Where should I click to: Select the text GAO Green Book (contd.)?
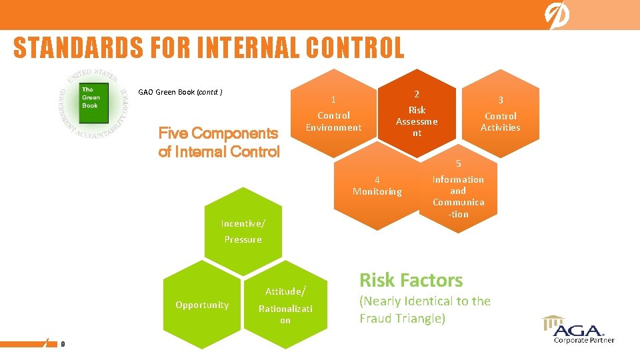(x=180, y=92)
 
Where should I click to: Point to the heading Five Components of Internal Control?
(x=219, y=143)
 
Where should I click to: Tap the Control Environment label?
(x=333, y=121)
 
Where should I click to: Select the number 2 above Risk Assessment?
(x=417, y=94)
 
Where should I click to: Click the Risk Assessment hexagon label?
(x=417, y=121)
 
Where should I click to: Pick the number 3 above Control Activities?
(x=501, y=100)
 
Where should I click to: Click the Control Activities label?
(x=501, y=121)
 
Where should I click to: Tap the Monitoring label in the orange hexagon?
(x=377, y=191)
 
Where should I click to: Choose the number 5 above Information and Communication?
(x=459, y=164)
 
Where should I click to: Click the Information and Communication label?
(x=459, y=197)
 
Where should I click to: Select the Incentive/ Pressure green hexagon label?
(x=243, y=231)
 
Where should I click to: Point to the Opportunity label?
(x=202, y=305)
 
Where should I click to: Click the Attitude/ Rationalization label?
(x=285, y=305)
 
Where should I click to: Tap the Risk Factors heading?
(x=411, y=280)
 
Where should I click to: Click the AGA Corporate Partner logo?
(x=578, y=329)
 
